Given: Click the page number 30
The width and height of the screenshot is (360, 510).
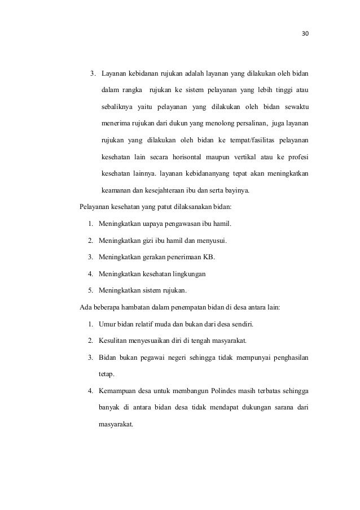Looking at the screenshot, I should click(305, 33).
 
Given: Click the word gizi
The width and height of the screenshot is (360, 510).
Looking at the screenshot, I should click(145, 241).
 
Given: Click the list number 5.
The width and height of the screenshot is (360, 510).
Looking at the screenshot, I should click(90, 291).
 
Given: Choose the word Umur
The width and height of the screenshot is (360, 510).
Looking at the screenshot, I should click(107, 325).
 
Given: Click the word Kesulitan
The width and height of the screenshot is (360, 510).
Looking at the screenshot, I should click(113, 341).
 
